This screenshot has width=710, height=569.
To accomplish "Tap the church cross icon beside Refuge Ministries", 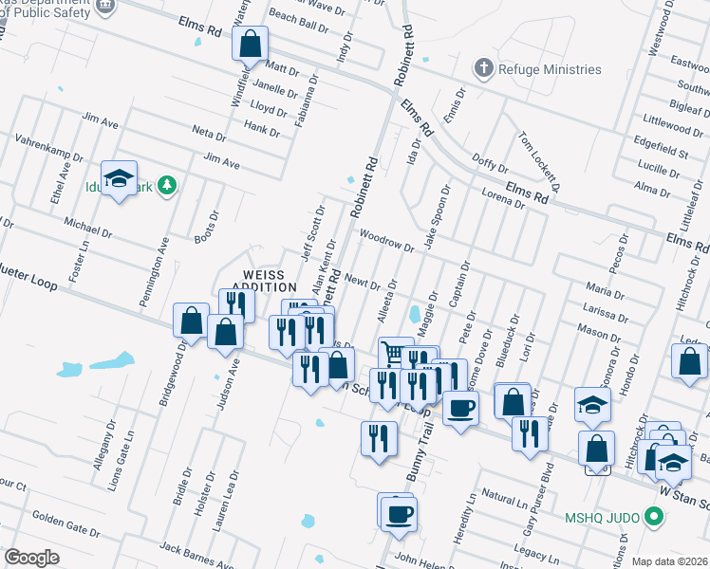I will [484, 68].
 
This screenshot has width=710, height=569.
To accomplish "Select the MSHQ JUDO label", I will [603, 518].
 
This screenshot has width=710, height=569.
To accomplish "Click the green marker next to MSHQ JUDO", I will [652, 518].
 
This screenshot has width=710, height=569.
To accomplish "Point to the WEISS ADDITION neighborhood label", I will [265, 280].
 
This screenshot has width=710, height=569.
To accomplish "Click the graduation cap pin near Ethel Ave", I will [120, 178].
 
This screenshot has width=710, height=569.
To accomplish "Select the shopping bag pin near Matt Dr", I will [250, 43].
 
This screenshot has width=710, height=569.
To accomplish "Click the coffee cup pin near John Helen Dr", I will [399, 514].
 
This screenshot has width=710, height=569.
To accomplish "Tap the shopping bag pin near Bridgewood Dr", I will [191, 321].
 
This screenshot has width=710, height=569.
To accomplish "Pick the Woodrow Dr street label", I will [387, 242].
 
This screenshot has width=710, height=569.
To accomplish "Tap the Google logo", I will [31, 558].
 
